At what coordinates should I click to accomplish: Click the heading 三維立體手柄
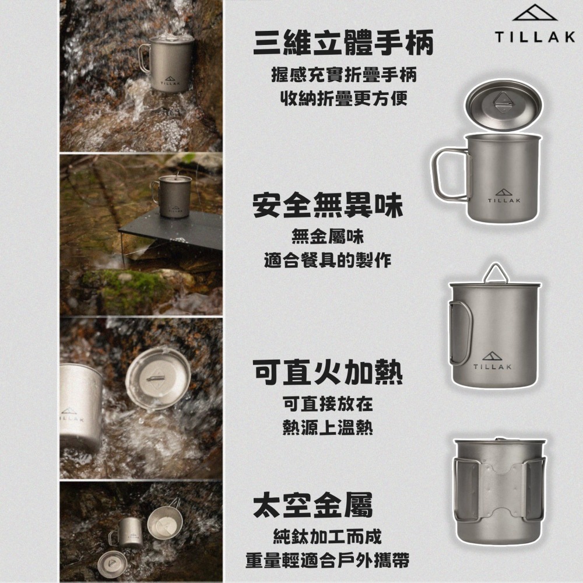point(343,44)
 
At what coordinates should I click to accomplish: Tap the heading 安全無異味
point(328,207)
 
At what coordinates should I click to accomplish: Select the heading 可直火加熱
point(328,371)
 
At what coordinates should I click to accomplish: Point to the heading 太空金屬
point(312,505)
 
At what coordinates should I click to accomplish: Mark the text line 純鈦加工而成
point(328,536)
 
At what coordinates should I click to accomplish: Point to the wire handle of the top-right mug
point(449,173)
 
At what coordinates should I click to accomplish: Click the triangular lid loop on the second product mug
point(496,272)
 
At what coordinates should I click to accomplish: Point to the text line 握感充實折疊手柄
point(343,75)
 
